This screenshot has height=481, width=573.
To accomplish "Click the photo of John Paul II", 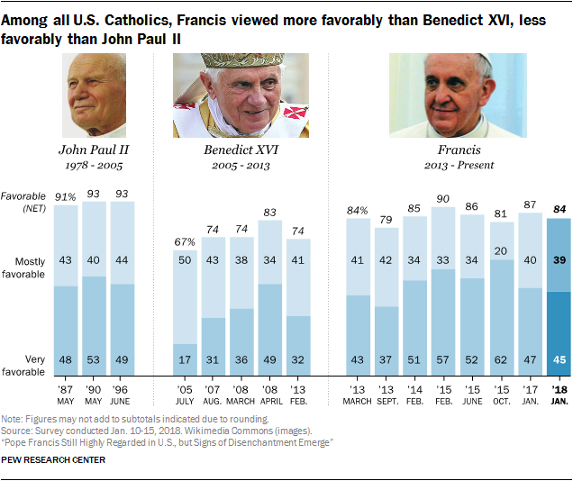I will [95, 95].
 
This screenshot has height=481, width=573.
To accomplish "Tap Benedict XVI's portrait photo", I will [241, 95].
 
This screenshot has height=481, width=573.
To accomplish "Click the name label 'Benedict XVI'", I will [241, 150].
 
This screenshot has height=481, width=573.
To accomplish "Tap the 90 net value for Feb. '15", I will [443, 198].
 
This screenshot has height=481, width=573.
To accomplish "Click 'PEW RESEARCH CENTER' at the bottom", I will [54, 460].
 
